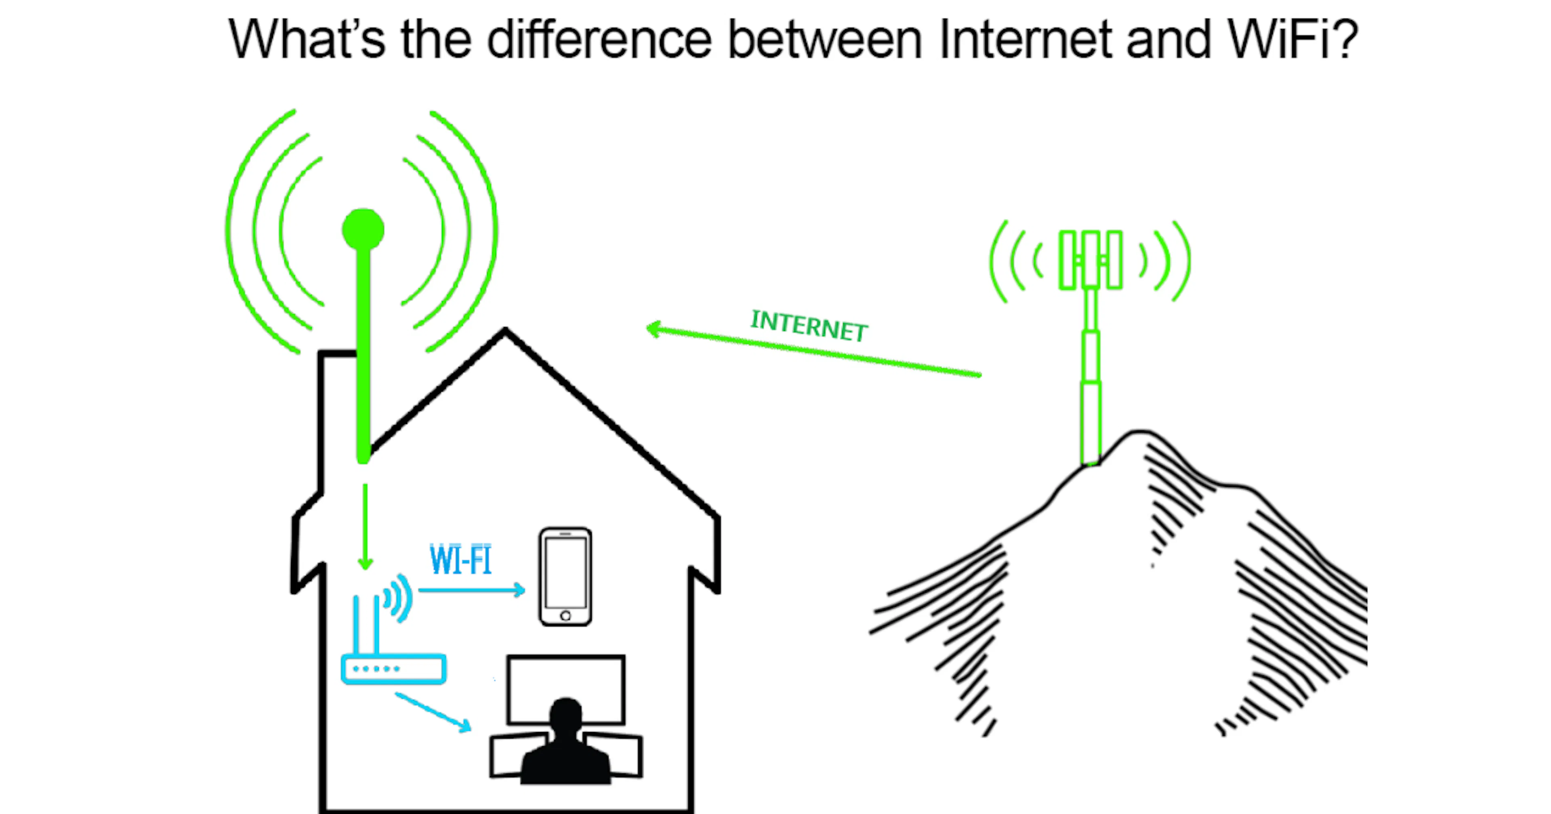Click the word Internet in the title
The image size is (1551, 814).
tap(1025, 39)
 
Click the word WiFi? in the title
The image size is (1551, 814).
tap(1292, 39)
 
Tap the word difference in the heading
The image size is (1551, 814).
tap(599, 39)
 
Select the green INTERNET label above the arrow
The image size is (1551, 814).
tap(809, 326)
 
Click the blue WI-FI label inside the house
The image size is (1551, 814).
tap(460, 559)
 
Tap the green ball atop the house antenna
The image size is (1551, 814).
tap(363, 229)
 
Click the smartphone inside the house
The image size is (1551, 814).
tap(565, 577)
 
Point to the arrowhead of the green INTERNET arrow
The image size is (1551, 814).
tap(647, 328)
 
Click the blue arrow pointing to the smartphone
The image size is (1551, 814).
tap(471, 590)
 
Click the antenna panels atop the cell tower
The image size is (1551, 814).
tap(1091, 260)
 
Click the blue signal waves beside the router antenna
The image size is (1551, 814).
tap(398, 598)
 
